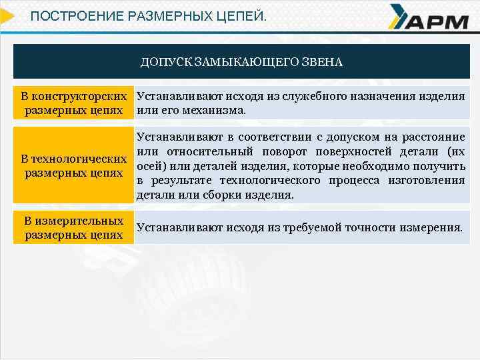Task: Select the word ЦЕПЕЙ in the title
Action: [x=241, y=15]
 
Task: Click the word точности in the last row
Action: [x=371, y=227]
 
